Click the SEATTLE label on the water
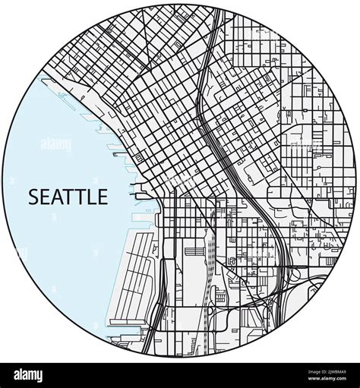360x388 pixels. tap(68, 197)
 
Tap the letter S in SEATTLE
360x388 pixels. tap(33, 197)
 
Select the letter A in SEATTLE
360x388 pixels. tap(57, 197)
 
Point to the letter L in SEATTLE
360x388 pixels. tap(91, 197)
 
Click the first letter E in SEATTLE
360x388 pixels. tap(45, 197)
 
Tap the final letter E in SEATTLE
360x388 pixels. tap(102, 197)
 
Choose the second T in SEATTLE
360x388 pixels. tap(81, 197)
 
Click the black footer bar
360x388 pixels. tap(180, 374)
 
